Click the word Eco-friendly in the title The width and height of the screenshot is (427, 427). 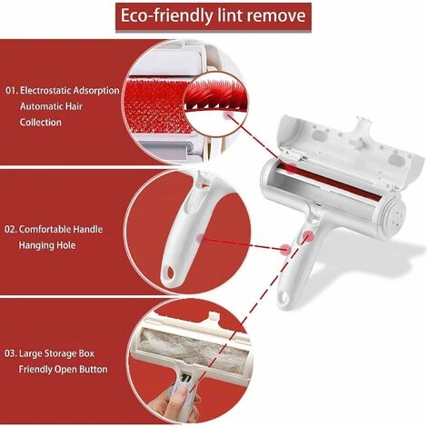[166, 15]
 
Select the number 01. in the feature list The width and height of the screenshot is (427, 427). [12, 91]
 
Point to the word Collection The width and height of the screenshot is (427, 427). [41, 123]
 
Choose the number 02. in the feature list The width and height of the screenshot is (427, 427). [11, 229]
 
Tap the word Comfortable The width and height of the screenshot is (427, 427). [45, 229]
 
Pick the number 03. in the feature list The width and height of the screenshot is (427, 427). [11, 353]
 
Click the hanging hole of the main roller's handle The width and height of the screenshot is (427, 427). [284, 297]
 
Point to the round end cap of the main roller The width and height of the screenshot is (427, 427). [396, 216]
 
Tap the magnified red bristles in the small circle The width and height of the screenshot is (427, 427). [215, 94]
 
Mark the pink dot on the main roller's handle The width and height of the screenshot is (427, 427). [308, 235]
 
